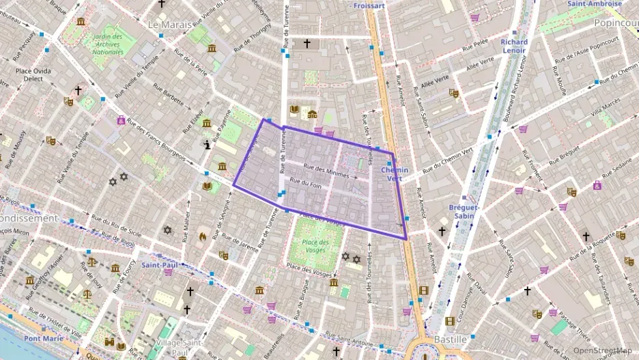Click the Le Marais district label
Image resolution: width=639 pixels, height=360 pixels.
click(x=171, y=24)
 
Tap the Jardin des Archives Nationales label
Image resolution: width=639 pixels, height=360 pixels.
click(x=108, y=44)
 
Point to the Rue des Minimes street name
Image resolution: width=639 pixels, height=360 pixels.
click(x=326, y=172)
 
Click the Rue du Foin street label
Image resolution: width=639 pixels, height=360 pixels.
click(x=305, y=183)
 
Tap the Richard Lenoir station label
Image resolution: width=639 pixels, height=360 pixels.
click(x=514, y=46)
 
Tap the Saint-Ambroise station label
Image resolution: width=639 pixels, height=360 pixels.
click(x=594, y=3)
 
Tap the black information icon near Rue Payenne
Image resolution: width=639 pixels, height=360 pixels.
click(x=208, y=145)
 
